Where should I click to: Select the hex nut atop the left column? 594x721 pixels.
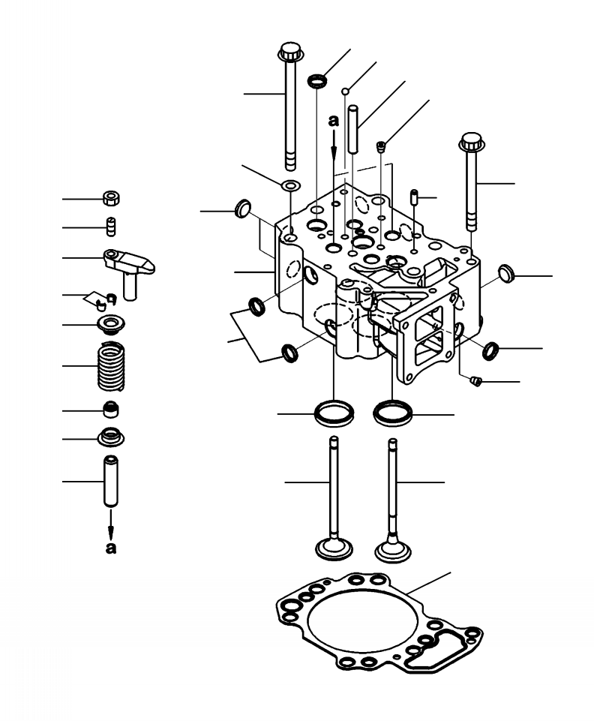(x=111, y=199)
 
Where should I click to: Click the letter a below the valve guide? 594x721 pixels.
(x=111, y=548)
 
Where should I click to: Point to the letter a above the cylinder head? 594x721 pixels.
(x=334, y=119)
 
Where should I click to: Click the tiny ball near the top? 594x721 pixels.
(x=346, y=92)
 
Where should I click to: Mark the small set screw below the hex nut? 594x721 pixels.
(x=110, y=226)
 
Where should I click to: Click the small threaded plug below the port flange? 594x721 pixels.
(x=474, y=383)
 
